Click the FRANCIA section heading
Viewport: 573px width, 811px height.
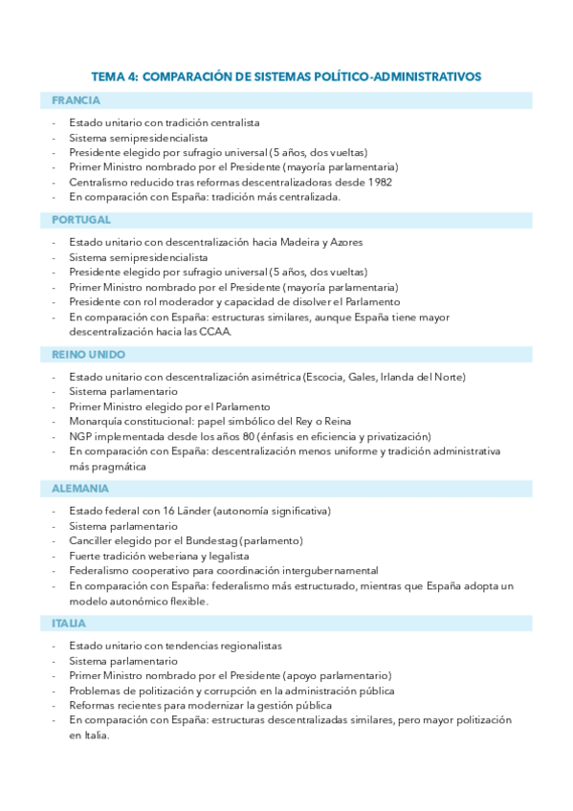click(77, 100)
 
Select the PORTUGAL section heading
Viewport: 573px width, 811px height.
click(81, 220)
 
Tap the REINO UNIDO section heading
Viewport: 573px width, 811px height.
click(89, 354)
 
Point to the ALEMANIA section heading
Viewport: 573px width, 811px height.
click(80, 489)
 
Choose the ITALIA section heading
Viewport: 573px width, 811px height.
click(70, 624)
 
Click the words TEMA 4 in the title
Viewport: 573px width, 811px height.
click(115, 76)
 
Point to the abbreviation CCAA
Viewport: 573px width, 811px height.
click(215, 332)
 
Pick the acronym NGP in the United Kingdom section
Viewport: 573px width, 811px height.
click(81, 436)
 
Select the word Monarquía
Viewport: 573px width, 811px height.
click(98, 422)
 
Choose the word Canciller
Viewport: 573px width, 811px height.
click(93, 541)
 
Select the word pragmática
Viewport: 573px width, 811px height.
click(121, 467)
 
